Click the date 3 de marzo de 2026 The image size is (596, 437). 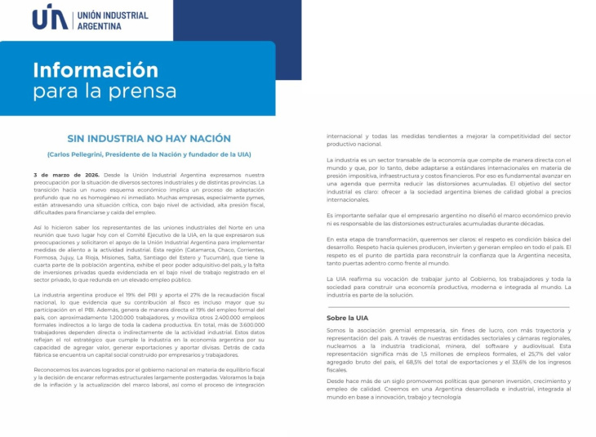click(66, 175)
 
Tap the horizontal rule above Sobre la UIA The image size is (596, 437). click(447, 306)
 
